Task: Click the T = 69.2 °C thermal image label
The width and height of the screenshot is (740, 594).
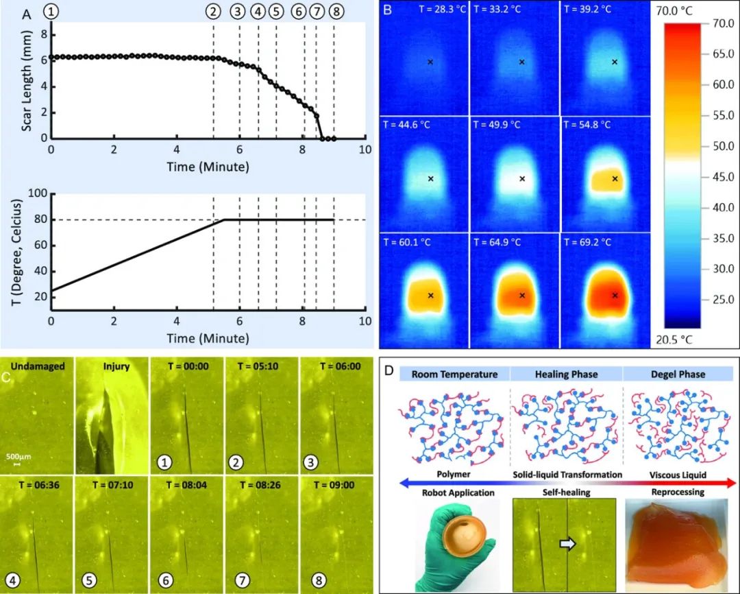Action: click(x=587, y=242)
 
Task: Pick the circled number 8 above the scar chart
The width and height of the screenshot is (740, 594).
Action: click(x=334, y=12)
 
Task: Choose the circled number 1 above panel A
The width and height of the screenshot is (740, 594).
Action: click(x=52, y=12)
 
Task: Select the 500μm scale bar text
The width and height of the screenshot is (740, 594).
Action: click(x=19, y=456)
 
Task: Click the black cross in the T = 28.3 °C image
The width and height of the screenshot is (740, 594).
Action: click(x=430, y=62)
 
